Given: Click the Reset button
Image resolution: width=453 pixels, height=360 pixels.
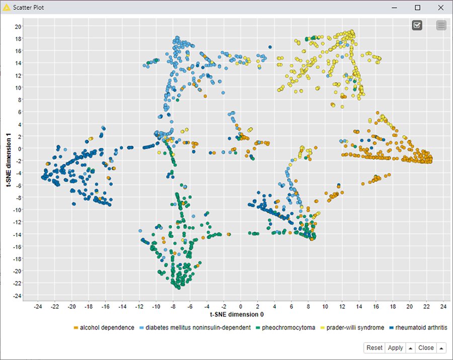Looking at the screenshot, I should (374, 348).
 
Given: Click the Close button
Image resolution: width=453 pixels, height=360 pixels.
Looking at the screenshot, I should (426, 348).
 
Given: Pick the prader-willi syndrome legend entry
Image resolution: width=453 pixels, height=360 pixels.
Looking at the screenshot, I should (355, 328).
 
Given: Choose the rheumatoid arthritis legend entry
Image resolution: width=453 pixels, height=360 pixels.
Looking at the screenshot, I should (421, 328).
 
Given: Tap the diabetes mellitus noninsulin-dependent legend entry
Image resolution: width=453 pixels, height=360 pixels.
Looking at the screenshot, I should (198, 328).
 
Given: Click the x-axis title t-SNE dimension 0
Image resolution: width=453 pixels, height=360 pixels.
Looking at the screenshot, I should (238, 315).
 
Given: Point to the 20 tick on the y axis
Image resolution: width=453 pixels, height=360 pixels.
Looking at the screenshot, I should (18, 26).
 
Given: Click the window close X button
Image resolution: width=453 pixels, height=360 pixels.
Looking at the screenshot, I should (441, 8).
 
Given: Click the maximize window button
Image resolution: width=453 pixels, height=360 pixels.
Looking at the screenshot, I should (417, 8).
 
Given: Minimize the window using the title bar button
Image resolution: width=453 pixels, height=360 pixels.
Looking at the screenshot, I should (394, 8).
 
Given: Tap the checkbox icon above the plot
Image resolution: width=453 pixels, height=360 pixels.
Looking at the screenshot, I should (417, 25).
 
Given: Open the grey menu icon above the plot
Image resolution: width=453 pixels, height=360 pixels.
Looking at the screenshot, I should (441, 25).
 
